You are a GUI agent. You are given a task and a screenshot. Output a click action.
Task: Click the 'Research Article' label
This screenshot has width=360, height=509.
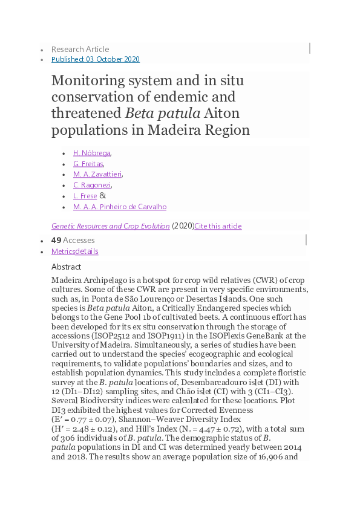coord(80,49)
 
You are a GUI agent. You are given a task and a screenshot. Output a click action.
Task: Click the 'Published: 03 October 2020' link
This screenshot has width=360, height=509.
coord(96,59)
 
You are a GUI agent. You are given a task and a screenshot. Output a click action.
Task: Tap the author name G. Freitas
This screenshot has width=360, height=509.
coord(88,163)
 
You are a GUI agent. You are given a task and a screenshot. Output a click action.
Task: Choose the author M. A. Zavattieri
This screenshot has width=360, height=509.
coord(97,174)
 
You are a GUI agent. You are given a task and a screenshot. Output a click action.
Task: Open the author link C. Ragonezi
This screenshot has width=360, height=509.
coord(92,185)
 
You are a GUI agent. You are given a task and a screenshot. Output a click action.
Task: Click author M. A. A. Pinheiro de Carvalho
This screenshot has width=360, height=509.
coord(120,207)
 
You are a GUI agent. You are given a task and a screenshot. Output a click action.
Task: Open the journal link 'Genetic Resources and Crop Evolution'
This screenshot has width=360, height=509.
coord(110,226)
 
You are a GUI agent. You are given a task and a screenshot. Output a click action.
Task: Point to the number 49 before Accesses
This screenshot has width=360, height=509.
coord(56,240)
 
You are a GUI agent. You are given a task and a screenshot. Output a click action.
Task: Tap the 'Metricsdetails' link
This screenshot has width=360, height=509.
coord(74,251)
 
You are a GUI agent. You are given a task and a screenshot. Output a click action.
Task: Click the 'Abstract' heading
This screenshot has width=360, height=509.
coord(66,267)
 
